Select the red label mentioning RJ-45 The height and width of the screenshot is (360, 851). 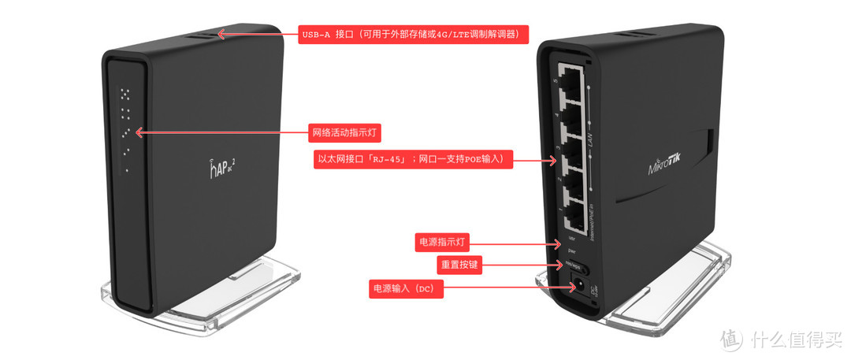(413, 160)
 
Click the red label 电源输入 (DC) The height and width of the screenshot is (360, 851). (407, 289)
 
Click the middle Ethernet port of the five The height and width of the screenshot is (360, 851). (573, 145)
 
